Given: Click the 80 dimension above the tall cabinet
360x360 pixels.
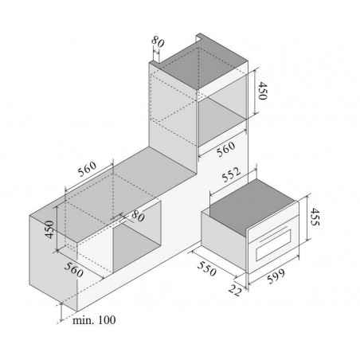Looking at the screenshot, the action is click(x=158, y=41).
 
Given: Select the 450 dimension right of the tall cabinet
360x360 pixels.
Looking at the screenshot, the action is click(x=263, y=91).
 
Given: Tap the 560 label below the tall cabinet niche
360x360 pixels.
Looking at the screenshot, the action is click(x=226, y=149).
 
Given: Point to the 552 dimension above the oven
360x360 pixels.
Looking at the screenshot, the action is click(x=231, y=174).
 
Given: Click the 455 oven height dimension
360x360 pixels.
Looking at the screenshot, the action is click(x=315, y=217).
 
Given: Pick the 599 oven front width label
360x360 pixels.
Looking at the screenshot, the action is click(x=276, y=276).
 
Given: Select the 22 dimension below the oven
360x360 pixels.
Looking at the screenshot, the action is click(x=235, y=290).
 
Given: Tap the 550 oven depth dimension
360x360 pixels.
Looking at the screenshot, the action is click(x=206, y=268).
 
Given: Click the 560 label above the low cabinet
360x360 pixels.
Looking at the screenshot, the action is click(x=87, y=169).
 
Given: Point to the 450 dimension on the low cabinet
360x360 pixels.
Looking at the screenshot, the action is click(x=49, y=229).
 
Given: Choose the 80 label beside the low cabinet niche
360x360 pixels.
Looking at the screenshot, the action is click(x=138, y=216).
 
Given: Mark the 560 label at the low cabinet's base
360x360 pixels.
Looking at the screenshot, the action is click(x=73, y=270).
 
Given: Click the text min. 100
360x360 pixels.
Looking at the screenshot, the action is click(x=94, y=320).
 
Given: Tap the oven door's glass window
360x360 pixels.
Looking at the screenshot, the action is click(x=273, y=245).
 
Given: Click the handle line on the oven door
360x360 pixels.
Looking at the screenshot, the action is click(x=273, y=233).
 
